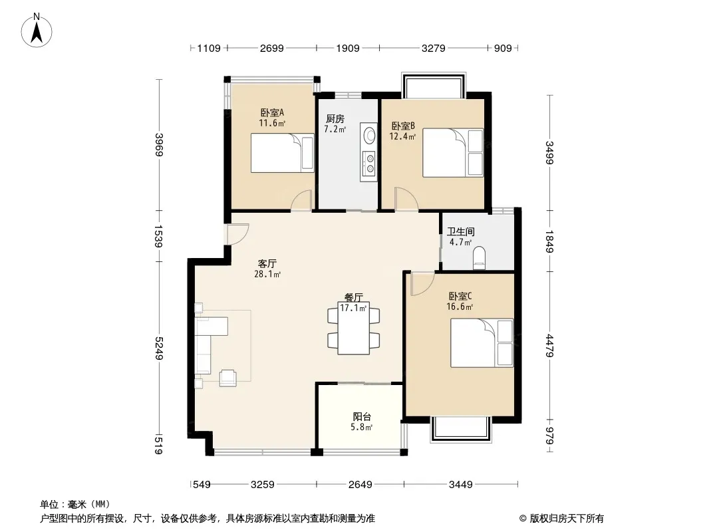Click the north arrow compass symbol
[x=37, y=31]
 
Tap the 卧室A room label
[x=272, y=112]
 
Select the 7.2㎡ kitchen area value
[x=335, y=129]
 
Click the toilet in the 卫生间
[x=478, y=259]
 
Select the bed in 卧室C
[x=482, y=342]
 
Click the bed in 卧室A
[x=283, y=153]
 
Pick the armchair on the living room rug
[x=228, y=378]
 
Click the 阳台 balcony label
[x=362, y=417]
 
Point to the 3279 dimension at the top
[x=433, y=48]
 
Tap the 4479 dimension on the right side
[x=549, y=346]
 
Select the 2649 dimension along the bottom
[x=360, y=485]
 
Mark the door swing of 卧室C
[x=422, y=283]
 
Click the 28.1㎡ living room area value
[x=267, y=274]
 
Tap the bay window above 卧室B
[x=434, y=84]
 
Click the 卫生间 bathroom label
[x=461, y=232]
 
